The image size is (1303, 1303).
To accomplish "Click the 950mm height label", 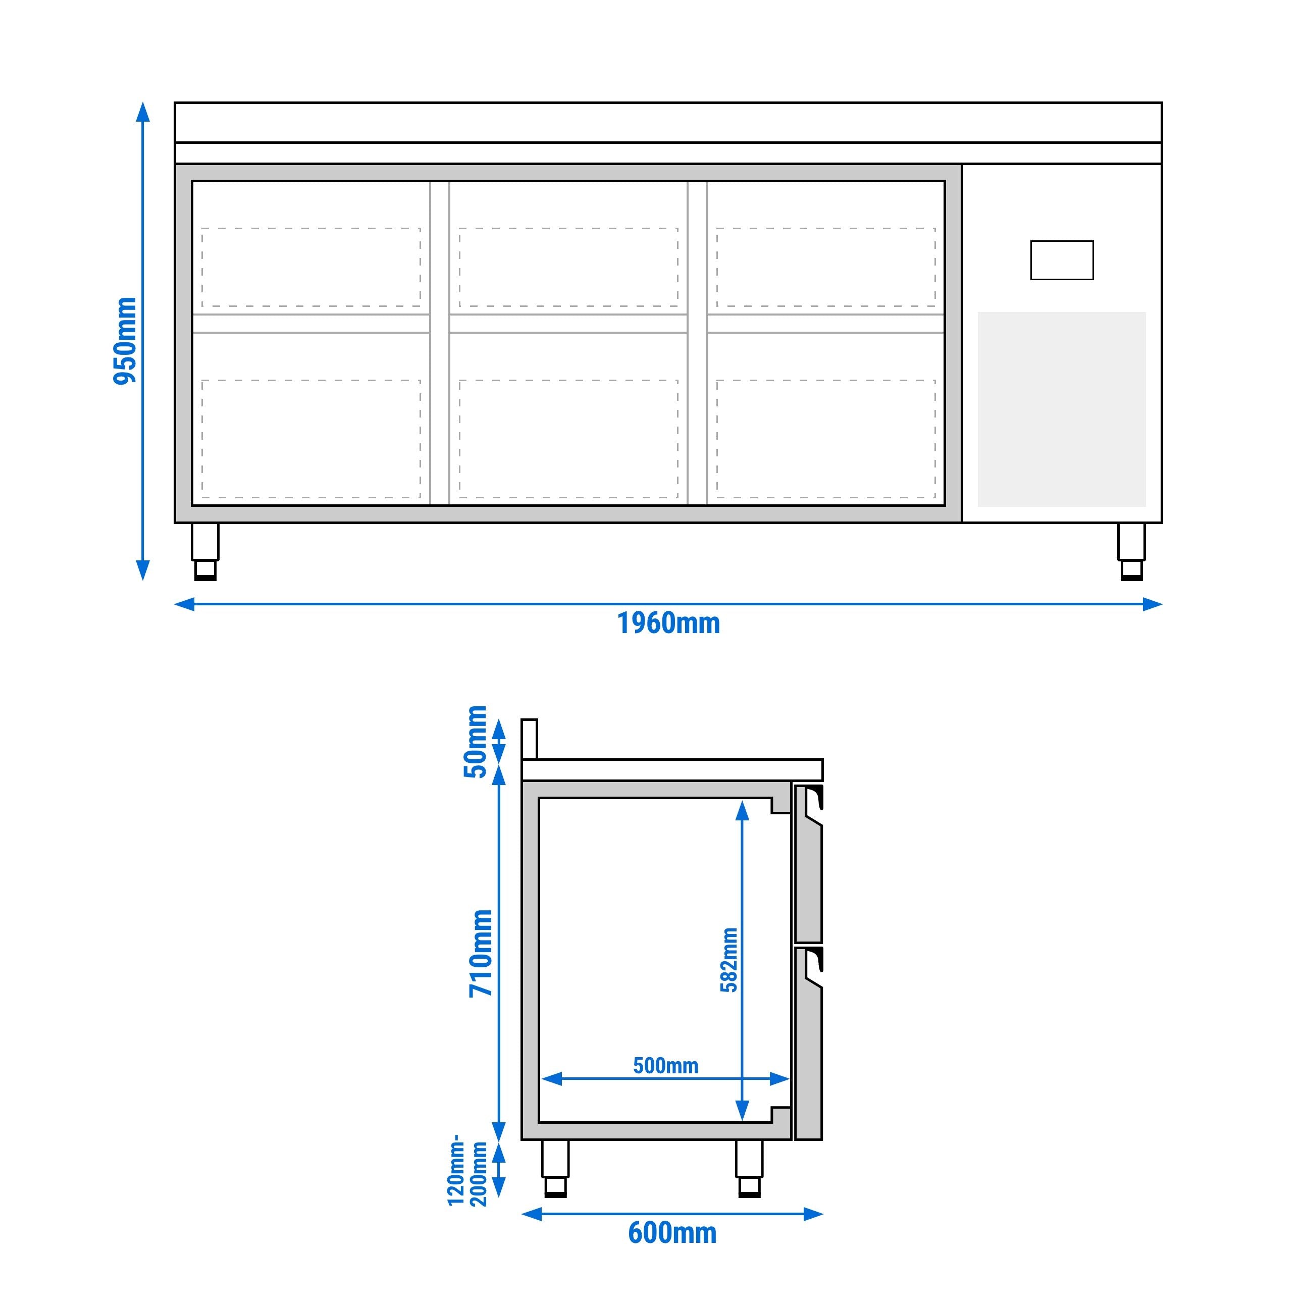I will click(x=125, y=341).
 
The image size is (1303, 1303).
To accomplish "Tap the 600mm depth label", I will click(x=672, y=1233).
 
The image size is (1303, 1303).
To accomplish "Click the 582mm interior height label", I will click(x=729, y=960).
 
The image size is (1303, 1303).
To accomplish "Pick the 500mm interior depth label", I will click(x=665, y=1066).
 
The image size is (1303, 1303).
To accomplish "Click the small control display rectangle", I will click(x=1062, y=260).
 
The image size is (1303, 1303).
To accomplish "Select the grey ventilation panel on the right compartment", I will click(x=1062, y=409).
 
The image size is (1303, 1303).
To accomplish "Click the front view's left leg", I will click(x=205, y=551).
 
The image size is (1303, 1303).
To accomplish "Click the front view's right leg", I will click(x=1131, y=551).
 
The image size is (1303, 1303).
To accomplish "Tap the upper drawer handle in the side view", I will click(x=814, y=803).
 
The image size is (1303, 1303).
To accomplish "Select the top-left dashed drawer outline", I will click(x=311, y=267).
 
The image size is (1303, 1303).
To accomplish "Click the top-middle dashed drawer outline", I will click(x=568, y=267).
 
